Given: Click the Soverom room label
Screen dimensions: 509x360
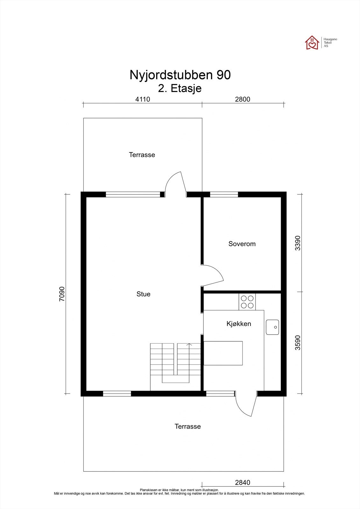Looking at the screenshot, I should tap(242, 244).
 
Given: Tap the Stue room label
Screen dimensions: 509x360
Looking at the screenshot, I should tap(143, 294).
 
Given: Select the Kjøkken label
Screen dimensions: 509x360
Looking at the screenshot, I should tap(239, 324).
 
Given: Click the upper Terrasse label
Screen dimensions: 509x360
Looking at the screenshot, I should tap(142, 155).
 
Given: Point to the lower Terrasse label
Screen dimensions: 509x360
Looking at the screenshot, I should tap(187, 426).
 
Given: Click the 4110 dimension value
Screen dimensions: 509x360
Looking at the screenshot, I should tap(142, 99).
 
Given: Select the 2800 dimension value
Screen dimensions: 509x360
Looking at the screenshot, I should tap(243, 99).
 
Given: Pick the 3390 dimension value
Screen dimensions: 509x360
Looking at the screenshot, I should tap(297, 243).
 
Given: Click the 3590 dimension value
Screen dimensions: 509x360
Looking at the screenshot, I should tap(297, 343).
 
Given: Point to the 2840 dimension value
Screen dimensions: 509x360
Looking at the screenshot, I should tap(243, 483).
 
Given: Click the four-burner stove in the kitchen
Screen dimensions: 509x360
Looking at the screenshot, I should tap(247, 302).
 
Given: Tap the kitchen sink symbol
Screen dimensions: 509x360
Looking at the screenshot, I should tap(272, 327).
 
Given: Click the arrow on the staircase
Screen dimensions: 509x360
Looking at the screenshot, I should tap(189, 345).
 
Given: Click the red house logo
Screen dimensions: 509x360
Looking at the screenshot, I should tap(312, 43).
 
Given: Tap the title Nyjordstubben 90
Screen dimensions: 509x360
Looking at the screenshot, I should tap(180, 75).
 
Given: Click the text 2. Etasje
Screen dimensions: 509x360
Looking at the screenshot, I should tap(180, 88).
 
